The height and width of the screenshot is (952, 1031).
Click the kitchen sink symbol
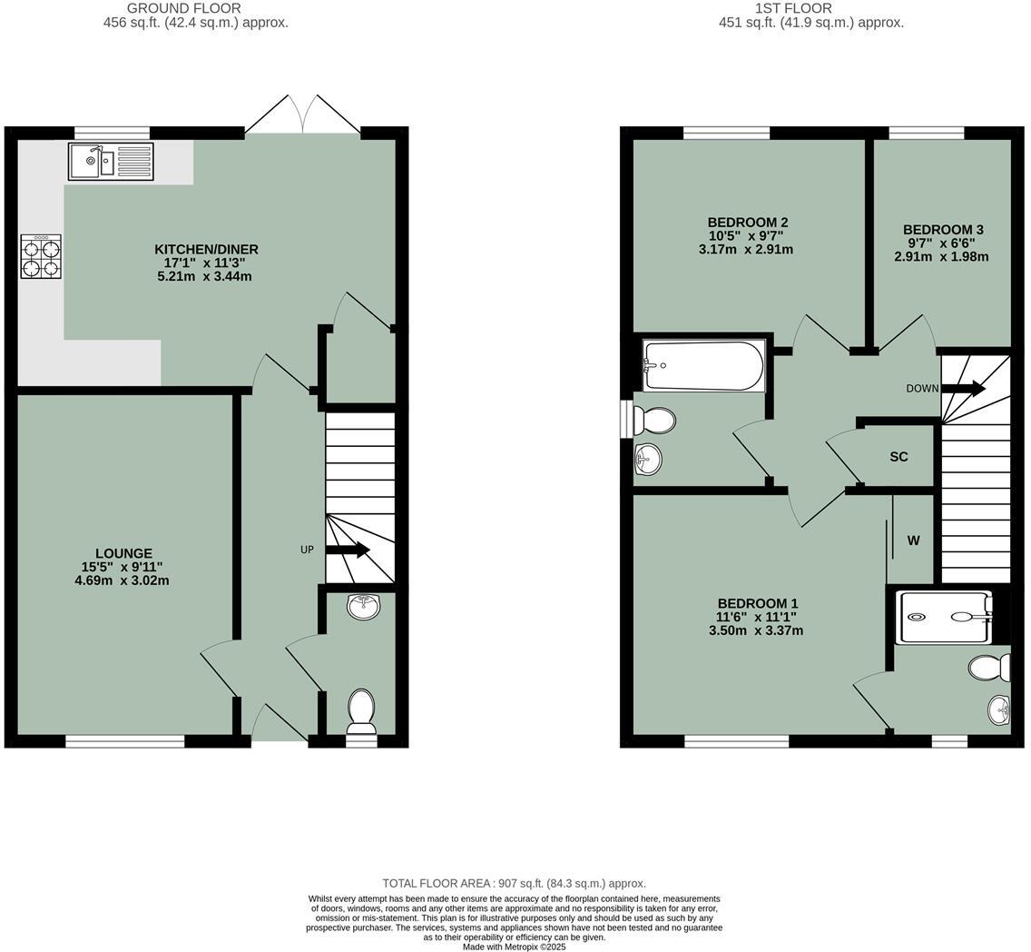111,162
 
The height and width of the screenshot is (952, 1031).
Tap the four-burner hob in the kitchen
42,257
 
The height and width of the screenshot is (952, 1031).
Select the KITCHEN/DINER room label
206,249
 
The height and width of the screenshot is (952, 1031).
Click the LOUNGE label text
123,553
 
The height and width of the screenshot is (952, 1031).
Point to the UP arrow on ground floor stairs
348,550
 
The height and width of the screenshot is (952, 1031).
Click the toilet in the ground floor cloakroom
361,709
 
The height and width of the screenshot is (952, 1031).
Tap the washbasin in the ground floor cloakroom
365,606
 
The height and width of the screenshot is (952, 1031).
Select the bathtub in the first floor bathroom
703,365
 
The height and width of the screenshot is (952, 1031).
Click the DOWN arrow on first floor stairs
963,389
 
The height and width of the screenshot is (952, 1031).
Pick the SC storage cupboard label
898,457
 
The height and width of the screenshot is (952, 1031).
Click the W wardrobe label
913,540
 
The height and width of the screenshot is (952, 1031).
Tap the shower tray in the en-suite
944,618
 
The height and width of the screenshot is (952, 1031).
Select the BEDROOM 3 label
942,230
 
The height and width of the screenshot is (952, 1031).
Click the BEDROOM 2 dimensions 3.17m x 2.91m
746,249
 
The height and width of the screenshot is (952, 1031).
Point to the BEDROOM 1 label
757,603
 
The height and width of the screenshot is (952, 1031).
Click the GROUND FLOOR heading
196,8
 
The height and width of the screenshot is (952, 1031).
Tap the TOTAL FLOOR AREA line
514,883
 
